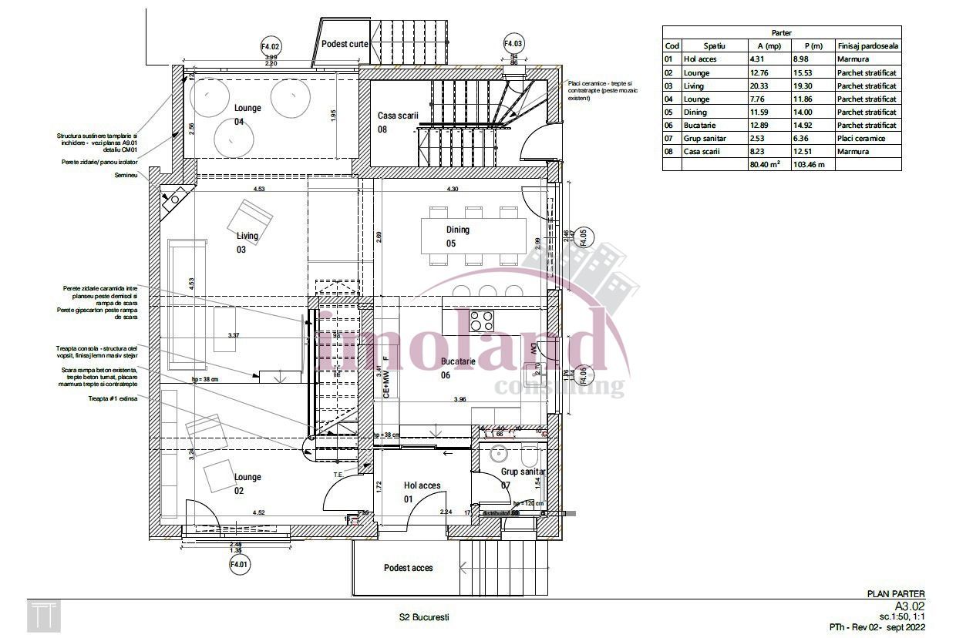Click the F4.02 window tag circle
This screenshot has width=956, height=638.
(271, 46)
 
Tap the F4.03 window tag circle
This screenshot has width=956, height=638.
(513, 44)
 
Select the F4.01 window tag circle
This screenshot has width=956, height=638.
(239, 565)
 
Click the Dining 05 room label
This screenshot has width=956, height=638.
(457, 237)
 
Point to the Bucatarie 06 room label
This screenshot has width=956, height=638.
(457, 368)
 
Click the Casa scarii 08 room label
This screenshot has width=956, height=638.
(397, 122)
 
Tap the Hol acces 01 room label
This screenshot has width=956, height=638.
(422, 492)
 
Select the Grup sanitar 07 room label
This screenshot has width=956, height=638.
(523, 478)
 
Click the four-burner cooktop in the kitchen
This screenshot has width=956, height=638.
(483, 320)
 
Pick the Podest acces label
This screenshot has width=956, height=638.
(409, 568)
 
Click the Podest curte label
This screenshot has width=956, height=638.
(345, 44)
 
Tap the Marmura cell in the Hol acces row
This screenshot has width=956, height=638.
(853, 59)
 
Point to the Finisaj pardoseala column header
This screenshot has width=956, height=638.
(867, 45)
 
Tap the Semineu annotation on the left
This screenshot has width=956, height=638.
(126, 176)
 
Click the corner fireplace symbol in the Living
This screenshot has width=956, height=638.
(173, 197)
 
